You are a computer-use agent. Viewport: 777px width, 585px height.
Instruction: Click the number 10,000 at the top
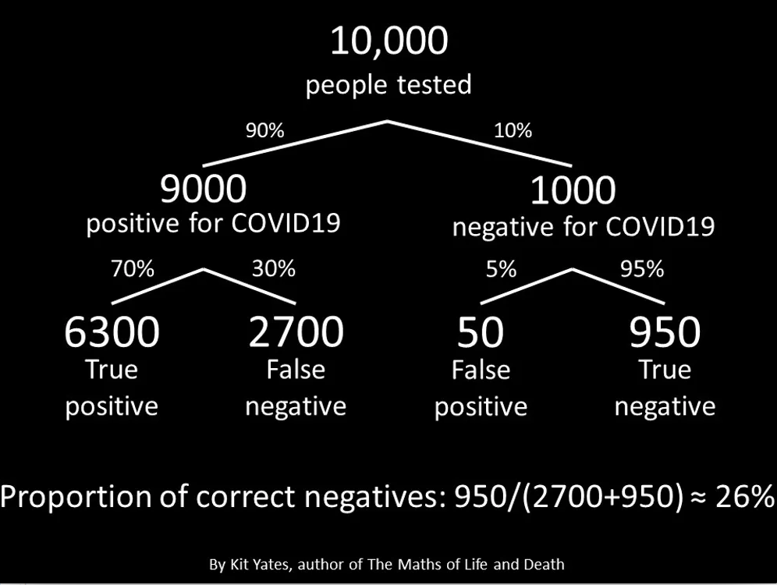pos(389,41)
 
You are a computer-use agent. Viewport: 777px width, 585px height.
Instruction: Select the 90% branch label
pos(265,130)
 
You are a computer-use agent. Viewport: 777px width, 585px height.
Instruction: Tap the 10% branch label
pos(513,130)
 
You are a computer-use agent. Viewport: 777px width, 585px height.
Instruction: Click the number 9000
pos(203,189)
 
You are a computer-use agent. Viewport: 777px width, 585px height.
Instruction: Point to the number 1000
pos(573,190)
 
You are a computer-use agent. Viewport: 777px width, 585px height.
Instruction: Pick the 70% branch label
pos(133,268)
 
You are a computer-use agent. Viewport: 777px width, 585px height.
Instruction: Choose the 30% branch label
pos(274,268)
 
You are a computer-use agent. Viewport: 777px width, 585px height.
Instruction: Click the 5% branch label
pos(501,269)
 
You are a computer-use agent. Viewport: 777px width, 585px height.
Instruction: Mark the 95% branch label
pos(642,269)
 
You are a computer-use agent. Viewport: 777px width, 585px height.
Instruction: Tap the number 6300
pos(112,331)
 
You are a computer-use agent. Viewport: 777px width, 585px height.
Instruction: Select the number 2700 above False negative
pos(296,331)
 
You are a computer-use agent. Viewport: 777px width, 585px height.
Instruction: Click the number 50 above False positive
pos(481,331)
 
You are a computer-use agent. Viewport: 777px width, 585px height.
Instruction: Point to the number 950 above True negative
pos(665,331)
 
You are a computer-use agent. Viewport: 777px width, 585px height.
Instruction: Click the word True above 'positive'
pos(112,370)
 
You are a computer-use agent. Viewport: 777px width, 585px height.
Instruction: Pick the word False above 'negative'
pos(296,370)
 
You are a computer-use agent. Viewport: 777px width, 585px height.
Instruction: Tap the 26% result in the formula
pos(745,496)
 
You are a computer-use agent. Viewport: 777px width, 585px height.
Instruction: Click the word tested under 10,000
pos(434,84)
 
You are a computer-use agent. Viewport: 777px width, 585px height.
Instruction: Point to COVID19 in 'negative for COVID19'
pos(660,226)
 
